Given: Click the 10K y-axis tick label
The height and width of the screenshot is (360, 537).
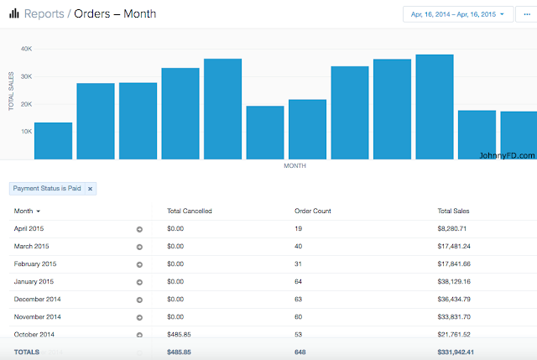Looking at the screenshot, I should pos(26,132).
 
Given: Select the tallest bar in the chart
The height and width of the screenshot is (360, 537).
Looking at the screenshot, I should pos(435,107).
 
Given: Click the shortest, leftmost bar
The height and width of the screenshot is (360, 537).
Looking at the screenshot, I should pos(53,140).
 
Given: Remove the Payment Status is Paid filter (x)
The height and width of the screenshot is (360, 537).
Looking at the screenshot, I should pos(91,189).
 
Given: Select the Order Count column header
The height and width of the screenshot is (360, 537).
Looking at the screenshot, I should pos(312,211).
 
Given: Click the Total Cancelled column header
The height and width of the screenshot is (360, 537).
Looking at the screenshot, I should pos(190,211).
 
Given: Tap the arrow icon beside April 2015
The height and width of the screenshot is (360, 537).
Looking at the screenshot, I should pos(139,228).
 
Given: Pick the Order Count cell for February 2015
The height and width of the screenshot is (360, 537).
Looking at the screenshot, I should pos(300,263).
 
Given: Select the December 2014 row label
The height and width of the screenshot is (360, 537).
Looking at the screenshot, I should pos(38,299).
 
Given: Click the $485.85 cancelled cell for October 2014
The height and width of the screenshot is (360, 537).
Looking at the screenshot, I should pos(180,334).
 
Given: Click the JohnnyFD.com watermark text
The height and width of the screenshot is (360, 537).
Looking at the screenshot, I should pos(507,154).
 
